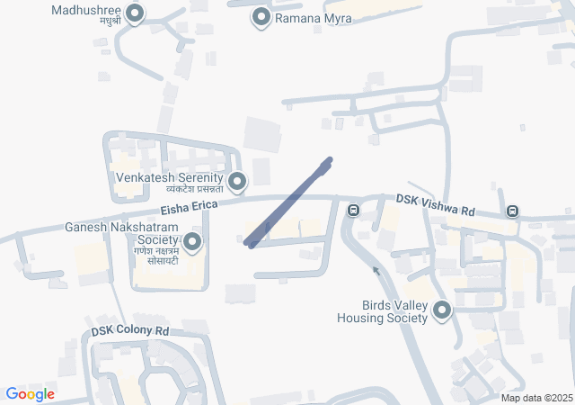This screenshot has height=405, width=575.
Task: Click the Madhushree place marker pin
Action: coord(135,13)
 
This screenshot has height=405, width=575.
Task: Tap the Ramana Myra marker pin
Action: coord(261,17)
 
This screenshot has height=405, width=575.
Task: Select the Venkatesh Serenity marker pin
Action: coord(237,183)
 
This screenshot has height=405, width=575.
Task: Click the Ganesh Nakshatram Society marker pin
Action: coord(192,242)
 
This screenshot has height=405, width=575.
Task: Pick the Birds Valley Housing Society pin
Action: coord(441,311)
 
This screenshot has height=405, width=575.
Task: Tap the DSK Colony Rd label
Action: coord(130,331)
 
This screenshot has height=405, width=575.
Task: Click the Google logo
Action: coord(30,394)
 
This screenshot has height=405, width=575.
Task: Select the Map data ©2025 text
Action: coord(536,398)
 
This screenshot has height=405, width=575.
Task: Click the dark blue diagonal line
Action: coord(289,202)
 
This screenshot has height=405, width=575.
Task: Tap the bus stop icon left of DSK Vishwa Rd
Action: coord(354,211)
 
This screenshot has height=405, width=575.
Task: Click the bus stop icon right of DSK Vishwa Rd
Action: coord(512,211)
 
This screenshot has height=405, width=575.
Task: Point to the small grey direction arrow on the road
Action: coord(376,269)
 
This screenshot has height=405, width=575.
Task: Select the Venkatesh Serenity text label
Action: coord(169,177)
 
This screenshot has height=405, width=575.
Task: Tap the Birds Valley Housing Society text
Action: coord(382,311)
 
